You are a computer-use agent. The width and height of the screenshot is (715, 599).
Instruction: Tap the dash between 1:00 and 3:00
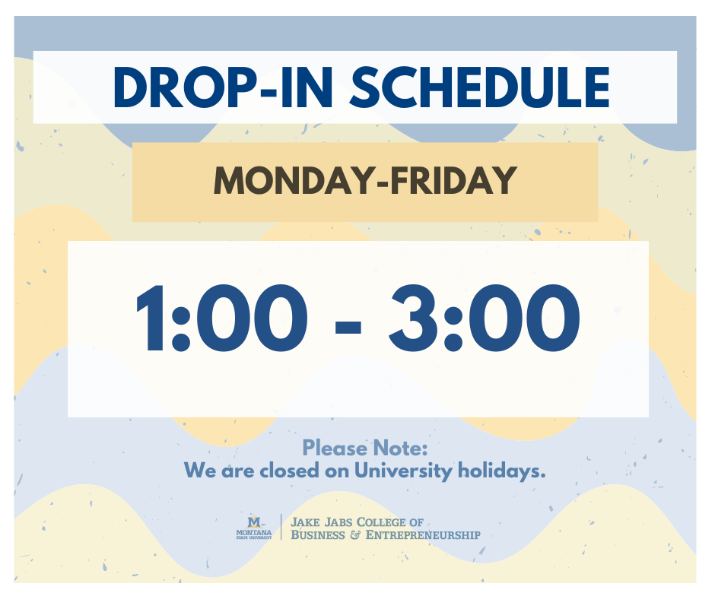(x=348, y=323)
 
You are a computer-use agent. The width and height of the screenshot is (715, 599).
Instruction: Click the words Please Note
(x=365, y=447)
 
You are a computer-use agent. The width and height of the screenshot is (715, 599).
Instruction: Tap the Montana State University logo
(x=255, y=528)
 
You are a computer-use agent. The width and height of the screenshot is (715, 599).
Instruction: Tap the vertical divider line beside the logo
(x=281, y=528)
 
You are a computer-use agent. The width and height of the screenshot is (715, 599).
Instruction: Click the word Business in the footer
(x=317, y=535)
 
